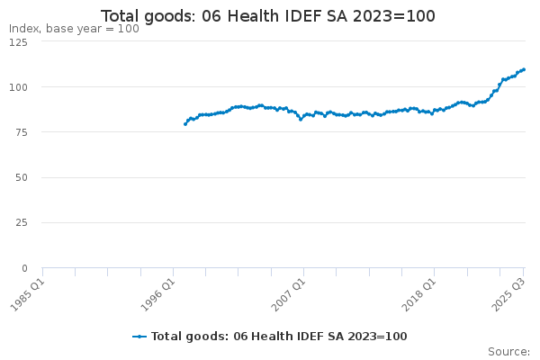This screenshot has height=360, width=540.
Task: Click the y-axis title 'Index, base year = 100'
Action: pos(74,29)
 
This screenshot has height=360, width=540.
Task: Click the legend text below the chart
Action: pos(279,337)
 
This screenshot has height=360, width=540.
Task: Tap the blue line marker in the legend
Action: pos(139,337)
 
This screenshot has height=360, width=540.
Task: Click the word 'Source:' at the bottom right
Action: pos(508,351)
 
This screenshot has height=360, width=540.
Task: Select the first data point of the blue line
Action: pos(184,124)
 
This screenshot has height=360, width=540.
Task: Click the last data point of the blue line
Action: pos(524,69)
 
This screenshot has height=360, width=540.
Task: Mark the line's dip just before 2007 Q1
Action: pos(301,119)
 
